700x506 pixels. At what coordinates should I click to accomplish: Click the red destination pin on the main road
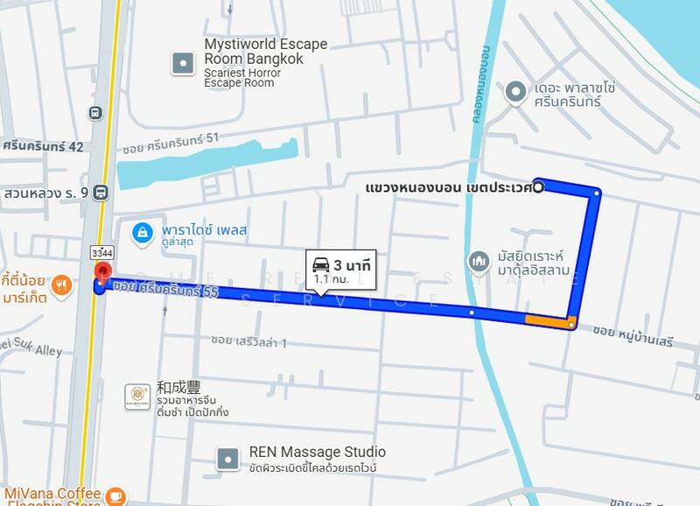tap(101, 272)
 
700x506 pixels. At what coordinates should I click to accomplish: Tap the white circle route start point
tap(538, 186)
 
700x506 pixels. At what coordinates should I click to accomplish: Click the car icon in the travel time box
tap(321, 264)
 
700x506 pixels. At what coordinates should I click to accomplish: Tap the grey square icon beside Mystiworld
tap(182, 61)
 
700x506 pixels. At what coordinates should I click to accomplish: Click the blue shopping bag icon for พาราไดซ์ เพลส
tap(140, 232)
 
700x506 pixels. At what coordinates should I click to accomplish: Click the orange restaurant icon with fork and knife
tap(60, 283)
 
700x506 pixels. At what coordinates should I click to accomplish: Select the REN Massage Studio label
tap(317, 452)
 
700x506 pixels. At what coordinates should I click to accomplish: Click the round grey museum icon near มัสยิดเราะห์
tap(478, 261)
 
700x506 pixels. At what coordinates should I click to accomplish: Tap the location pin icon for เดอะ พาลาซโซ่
tap(516, 90)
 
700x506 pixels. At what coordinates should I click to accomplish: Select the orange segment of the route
tap(547, 320)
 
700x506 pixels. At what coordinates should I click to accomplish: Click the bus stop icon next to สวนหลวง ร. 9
tap(101, 193)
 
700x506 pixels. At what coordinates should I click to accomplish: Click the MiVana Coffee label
tap(51, 495)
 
